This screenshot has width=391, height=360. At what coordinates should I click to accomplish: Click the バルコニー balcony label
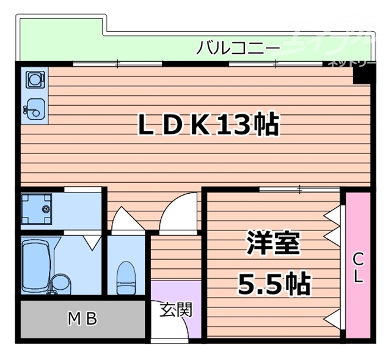click(x=238, y=48)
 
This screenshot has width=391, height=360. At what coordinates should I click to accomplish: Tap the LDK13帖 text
click(x=208, y=125)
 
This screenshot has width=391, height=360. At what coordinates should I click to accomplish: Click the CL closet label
click(x=357, y=268)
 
